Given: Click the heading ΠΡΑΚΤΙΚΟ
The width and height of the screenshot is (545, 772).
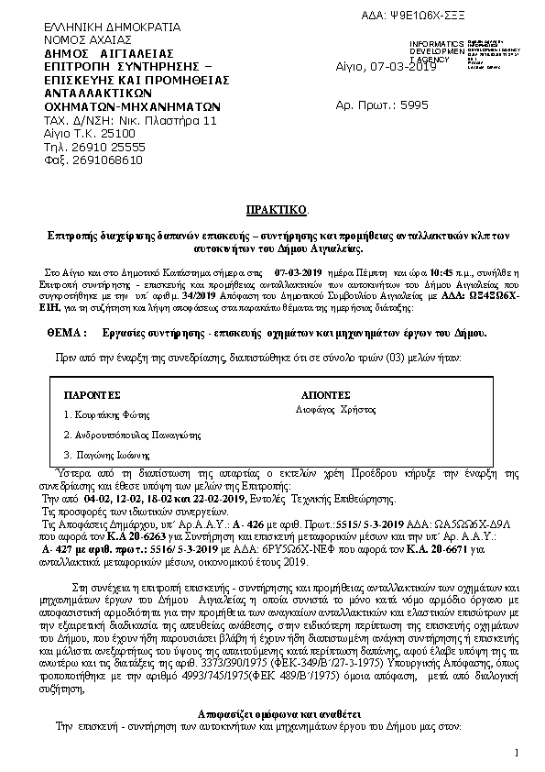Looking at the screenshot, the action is click(x=271, y=210).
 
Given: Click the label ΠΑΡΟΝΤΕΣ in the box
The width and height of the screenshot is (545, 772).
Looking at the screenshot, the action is click(x=93, y=394).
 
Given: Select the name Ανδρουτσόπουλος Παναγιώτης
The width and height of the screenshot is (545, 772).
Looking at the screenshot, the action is click(x=127, y=434).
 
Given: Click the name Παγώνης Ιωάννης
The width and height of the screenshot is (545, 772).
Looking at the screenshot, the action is click(x=103, y=454).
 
